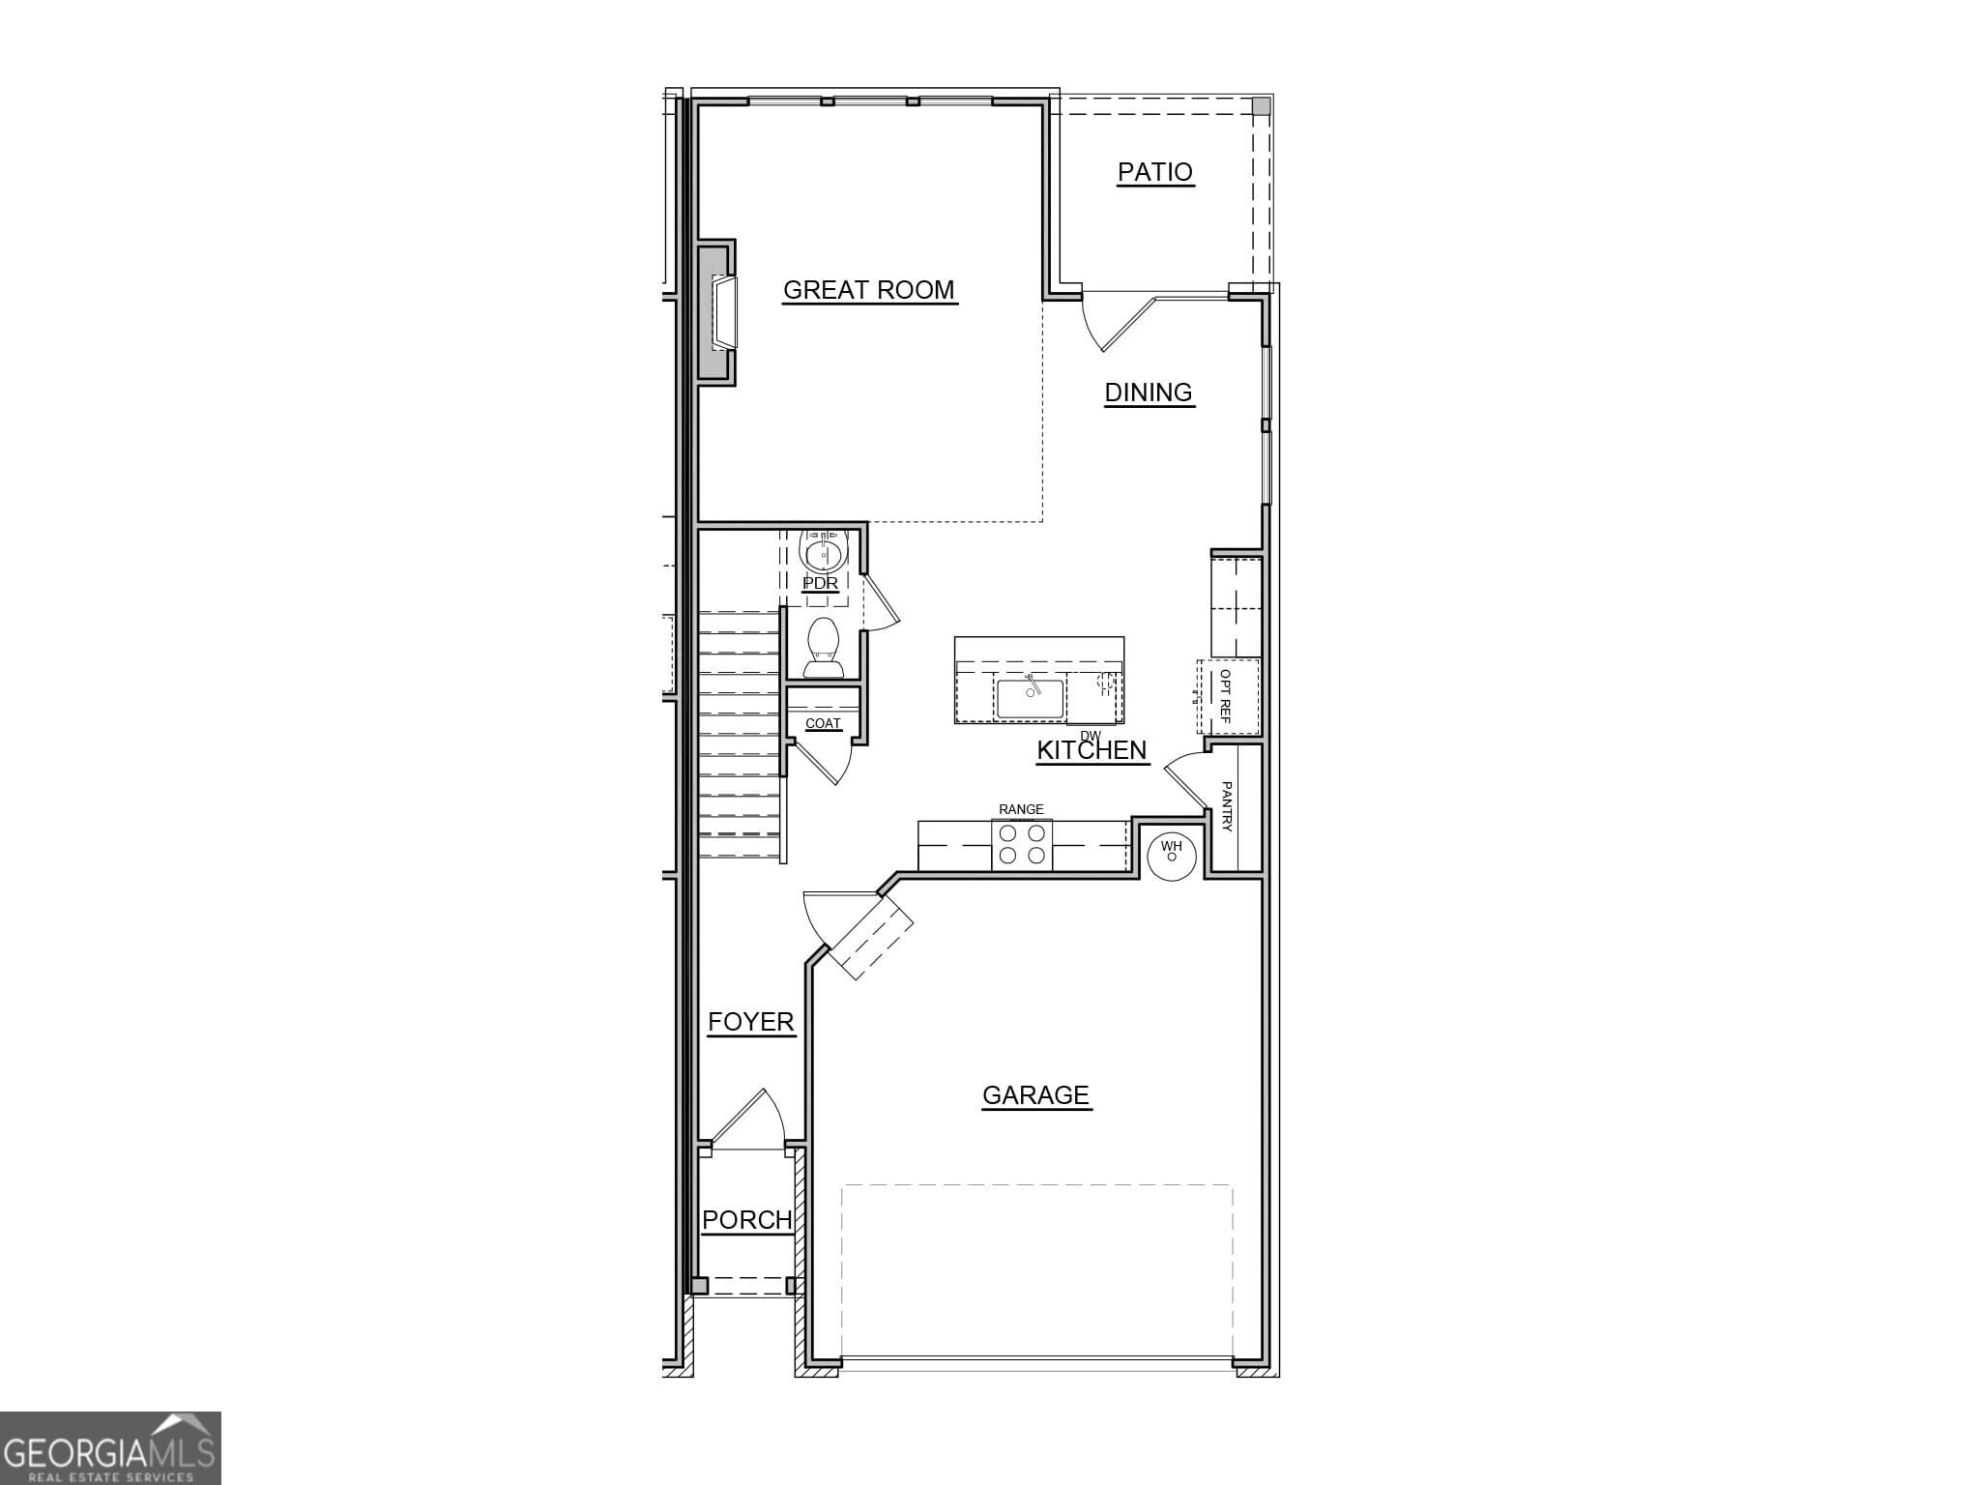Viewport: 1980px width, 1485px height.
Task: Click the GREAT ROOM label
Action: pyautogui.click(x=868, y=290)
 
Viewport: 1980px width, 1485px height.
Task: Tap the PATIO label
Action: pyautogui.click(x=1154, y=172)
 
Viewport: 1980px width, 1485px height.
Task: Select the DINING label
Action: pyautogui.click(x=1149, y=393)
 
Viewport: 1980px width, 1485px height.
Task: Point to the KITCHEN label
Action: pyautogui.click(x=1092, y=750)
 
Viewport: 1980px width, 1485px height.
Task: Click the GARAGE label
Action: pyautogui.click(x=1035, y=1095)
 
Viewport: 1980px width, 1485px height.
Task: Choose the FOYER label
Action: pyautogui.click(x=750, y=1022)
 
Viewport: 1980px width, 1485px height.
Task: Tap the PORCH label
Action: pyautogui.click(x=746, y=1220)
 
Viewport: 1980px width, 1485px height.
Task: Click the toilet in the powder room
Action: pyautogui.click(x=823, y=649)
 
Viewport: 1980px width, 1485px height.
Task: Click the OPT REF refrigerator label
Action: pyautogui.click(x=1225, y=696)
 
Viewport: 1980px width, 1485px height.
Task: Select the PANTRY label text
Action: pyautogui.click(x=1226, y=806)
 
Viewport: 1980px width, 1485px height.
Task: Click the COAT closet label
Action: pyautogui.click(x=823, y=723)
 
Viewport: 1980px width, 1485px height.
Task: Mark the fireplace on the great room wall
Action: pyautogui.click(x=720, y=313)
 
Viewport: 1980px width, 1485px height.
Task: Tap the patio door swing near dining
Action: pyautogui.click(x=1112, y=324)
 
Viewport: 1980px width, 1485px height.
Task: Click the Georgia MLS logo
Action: pyautogui.click(x=110, y=1447)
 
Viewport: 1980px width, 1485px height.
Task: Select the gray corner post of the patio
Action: pyautogui.click(x=1261, y=105)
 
